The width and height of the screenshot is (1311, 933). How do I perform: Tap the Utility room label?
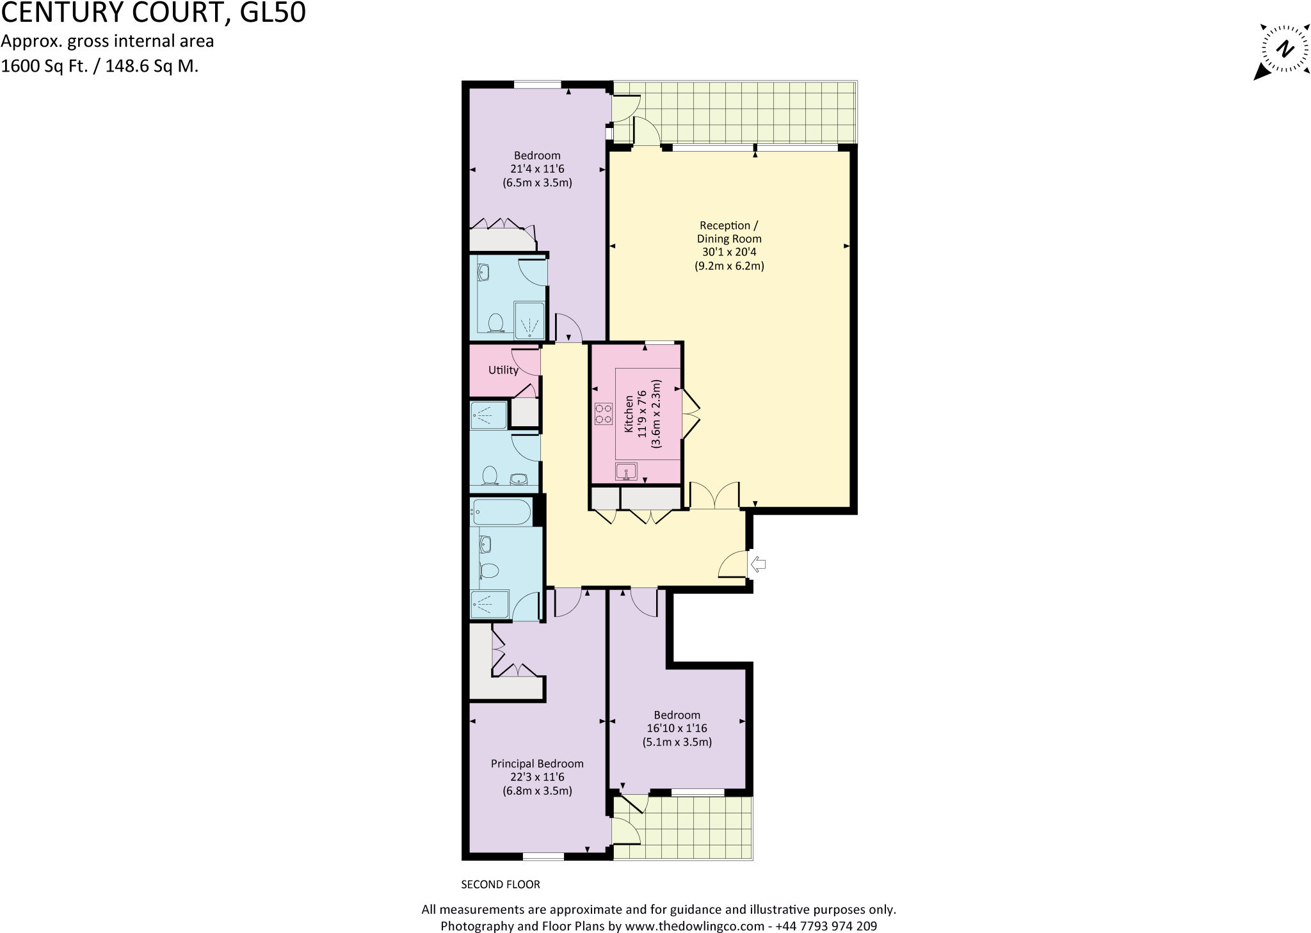pos(503,370)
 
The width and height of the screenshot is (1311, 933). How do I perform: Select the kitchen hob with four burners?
pos(603,413)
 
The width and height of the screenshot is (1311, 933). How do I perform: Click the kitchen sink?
pos(626,472)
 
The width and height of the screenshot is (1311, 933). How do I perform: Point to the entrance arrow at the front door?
pos(759,564)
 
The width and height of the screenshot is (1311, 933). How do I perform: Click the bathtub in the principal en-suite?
pos(501,512)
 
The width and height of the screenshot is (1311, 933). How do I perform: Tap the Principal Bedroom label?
pos(537,763)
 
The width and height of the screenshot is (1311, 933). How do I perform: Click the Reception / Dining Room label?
pos(729,232)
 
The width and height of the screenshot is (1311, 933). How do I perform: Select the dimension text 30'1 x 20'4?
pos(729,252)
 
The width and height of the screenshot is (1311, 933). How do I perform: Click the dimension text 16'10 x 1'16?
pos(677,728)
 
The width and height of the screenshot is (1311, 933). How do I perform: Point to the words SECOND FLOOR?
pos(501,884)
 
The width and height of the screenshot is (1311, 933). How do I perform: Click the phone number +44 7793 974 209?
pos(826,926)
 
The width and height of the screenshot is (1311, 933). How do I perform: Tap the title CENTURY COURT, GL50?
pos(153,13)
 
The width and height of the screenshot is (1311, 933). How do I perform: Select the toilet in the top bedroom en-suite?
pos(494,323)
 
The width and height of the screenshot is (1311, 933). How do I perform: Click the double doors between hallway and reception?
pos(714,497)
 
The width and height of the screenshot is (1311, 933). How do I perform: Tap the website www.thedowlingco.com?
pos(695,926)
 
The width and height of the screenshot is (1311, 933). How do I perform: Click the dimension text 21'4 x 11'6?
pos(537,169)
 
